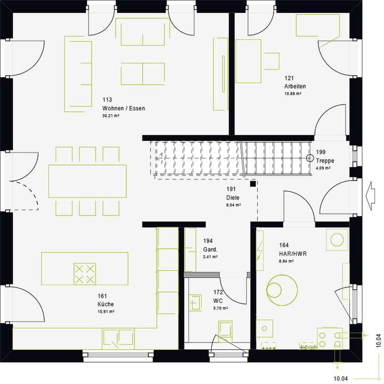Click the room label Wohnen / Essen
124,108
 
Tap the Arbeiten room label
295,86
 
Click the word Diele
233,197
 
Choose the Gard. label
210,250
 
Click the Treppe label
325,161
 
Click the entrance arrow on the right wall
369,193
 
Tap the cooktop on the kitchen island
84,274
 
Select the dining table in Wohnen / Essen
88,181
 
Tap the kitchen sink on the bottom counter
118,338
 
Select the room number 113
107,100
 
